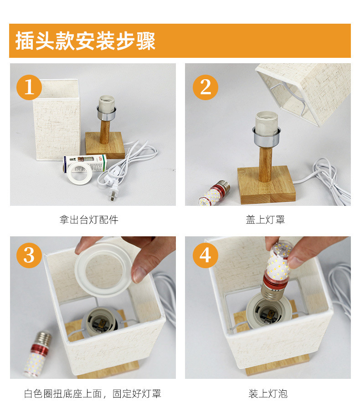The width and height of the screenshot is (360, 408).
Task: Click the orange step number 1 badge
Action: click(29, 87)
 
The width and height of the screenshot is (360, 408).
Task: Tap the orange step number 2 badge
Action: click(205, 87)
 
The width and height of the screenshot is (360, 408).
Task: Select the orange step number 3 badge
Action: click(29, 255)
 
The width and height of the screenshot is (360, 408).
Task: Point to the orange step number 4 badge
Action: click(205, 255)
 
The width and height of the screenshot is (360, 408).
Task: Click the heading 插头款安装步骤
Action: click(85, 41)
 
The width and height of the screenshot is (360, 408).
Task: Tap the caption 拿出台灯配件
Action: click(89, 219)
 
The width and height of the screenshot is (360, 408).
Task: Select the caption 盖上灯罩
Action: click(265, 219)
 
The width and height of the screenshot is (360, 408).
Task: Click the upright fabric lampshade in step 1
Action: click(56, 120)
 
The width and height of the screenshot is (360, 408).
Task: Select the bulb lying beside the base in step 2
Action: click(214, 193)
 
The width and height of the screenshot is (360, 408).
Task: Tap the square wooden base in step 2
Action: click(267, 185)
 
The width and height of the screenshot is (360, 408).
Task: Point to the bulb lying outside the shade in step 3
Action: click(37, 353)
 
